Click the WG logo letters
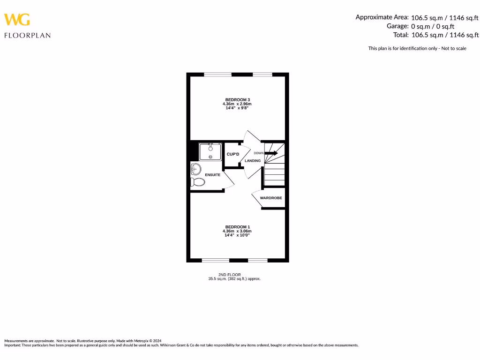(x=17, y=20)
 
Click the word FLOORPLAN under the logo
(x=27, y=35)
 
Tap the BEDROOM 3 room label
(x=237, y=99)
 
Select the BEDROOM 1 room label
(x=237, y=227)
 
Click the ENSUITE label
(x=212, y=175)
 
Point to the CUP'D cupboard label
(x=233, y=154)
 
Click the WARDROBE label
(x=271, y=198)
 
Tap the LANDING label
(x=253, y=161)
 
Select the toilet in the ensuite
(x=198, y=182)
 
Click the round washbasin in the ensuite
(x=196, y=168)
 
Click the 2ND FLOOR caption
(x=230, y=274)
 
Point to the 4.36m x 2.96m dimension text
(x=237, y=104)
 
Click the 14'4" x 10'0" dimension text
(x=237, y=235)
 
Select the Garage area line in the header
(x=432, y=26)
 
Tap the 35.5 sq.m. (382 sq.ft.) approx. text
(x=234, y=278)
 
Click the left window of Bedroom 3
(x=217, y=75)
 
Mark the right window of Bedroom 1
(x=257, y=260)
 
